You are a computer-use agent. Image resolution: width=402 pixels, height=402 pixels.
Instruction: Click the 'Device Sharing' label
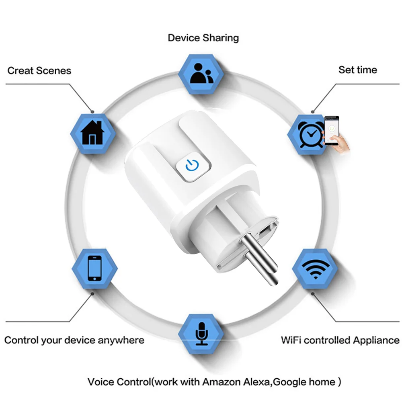coord(203,38)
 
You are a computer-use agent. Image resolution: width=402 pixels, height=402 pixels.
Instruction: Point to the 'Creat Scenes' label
coord(39,71)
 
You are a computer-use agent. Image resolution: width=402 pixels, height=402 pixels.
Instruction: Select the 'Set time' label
coord(357,70)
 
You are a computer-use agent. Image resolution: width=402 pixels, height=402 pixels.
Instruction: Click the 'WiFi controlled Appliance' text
coord(340,340)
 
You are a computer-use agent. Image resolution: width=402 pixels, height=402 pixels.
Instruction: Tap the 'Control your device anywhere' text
coord(74,340)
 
